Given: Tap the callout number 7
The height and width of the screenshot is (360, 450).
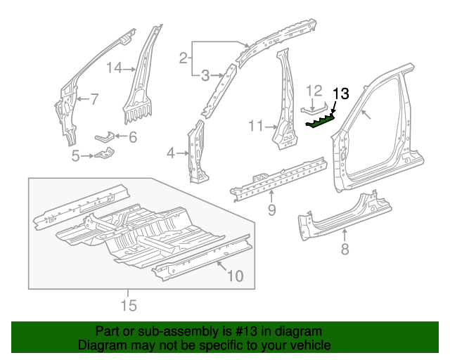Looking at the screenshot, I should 94,98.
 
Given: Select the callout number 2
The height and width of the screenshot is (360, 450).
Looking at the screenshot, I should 183,58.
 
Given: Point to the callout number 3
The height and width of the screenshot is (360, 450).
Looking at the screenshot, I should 205,75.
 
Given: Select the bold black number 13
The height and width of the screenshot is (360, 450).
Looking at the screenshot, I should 340,94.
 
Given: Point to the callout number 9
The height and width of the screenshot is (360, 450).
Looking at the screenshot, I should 271,210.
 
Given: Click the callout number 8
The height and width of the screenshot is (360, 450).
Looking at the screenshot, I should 345,247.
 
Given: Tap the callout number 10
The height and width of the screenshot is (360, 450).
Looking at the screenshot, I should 235,276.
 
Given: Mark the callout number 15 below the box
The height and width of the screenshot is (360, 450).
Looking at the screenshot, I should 128,305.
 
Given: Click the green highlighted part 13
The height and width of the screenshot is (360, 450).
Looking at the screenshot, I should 321,122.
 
